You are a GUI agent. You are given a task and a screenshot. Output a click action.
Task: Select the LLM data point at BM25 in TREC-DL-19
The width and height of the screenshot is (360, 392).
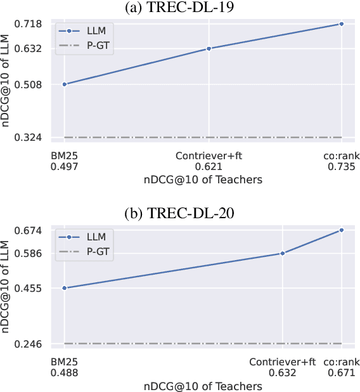64,84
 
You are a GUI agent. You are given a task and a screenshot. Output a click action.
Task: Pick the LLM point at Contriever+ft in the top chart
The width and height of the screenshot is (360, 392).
209,49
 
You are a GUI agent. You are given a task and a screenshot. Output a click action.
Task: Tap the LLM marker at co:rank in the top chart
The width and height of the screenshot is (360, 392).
342,24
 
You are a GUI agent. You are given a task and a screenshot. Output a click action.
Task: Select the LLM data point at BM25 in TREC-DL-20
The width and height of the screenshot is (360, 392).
64,288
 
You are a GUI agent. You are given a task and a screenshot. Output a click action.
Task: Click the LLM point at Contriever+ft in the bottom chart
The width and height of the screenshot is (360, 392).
282,253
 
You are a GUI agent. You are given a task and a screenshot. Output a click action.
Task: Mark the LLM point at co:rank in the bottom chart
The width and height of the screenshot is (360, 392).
342,230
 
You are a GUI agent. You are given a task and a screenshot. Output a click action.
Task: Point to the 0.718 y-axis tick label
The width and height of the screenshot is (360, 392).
29,24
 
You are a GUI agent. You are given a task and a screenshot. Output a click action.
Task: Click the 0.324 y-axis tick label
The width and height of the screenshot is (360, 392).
29,137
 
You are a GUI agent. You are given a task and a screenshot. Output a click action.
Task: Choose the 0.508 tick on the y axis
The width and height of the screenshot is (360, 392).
29,84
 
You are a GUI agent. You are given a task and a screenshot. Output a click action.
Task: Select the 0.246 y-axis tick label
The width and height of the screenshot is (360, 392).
29,344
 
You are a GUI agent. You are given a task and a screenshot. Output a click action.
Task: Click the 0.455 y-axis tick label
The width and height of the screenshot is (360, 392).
29,288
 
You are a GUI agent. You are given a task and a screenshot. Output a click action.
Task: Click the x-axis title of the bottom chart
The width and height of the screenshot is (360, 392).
202,386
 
